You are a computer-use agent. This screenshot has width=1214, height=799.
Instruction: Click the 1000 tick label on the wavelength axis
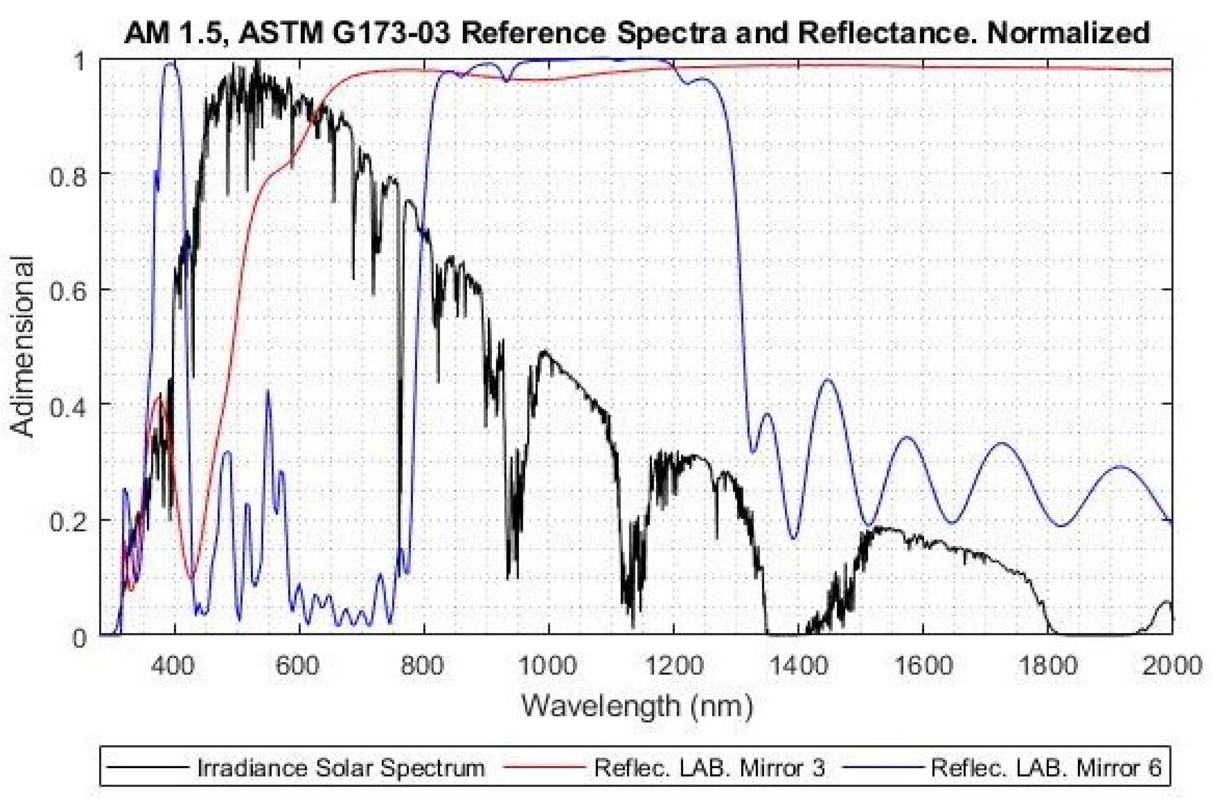point(549,666)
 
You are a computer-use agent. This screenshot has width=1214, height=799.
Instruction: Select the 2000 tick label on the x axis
point(1171,666)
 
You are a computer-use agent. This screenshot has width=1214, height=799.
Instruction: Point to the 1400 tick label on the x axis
point(798,666)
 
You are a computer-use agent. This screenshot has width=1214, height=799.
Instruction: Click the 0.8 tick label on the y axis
point(67,173)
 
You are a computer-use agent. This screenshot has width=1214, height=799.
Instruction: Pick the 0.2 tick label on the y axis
point(67,520)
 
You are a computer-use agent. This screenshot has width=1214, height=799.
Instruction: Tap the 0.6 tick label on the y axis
point(67,289)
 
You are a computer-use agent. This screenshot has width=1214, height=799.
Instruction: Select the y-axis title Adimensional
point(23,347)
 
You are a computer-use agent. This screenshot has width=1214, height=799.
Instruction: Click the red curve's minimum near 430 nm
point(191,577)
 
